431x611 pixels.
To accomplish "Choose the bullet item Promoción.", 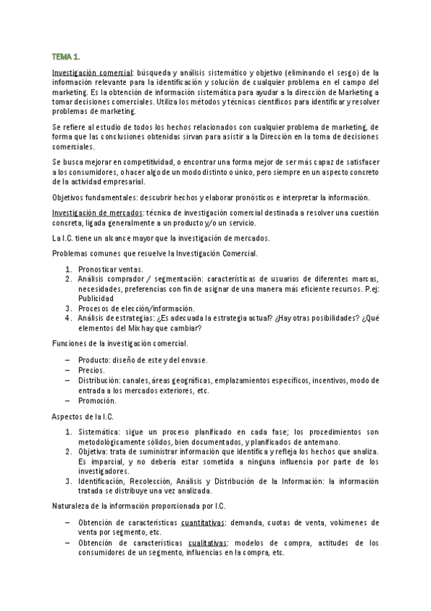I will pyautogui.click(x=96, y=400).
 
